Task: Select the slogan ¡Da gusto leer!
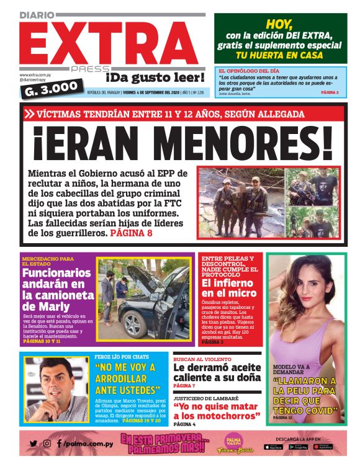pos(155,78)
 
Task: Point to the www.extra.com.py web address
pos(34,76)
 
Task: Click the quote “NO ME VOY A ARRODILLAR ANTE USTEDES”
pos(127,378)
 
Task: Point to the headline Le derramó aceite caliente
pos(217,371)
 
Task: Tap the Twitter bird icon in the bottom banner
pos(34,444)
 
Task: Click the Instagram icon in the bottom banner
pos(47,444)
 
